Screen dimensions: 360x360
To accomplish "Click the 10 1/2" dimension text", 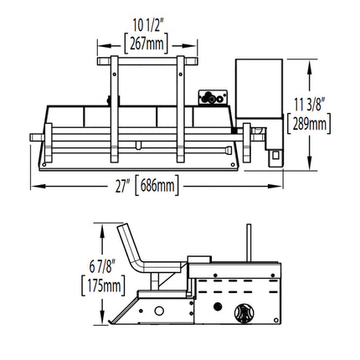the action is (147, 26).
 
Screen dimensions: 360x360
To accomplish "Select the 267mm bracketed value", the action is (147, 44).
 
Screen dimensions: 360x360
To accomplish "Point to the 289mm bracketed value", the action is (309, 124).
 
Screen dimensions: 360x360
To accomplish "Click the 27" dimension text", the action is (123, 186).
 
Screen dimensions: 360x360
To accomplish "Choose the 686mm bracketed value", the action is (157, 186).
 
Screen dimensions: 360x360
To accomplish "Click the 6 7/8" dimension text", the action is (102, 266).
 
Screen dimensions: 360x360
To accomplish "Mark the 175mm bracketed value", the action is (103, 285).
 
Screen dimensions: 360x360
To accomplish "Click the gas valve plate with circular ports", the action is (213, 98).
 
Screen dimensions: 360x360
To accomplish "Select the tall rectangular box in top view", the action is (259, 89).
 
